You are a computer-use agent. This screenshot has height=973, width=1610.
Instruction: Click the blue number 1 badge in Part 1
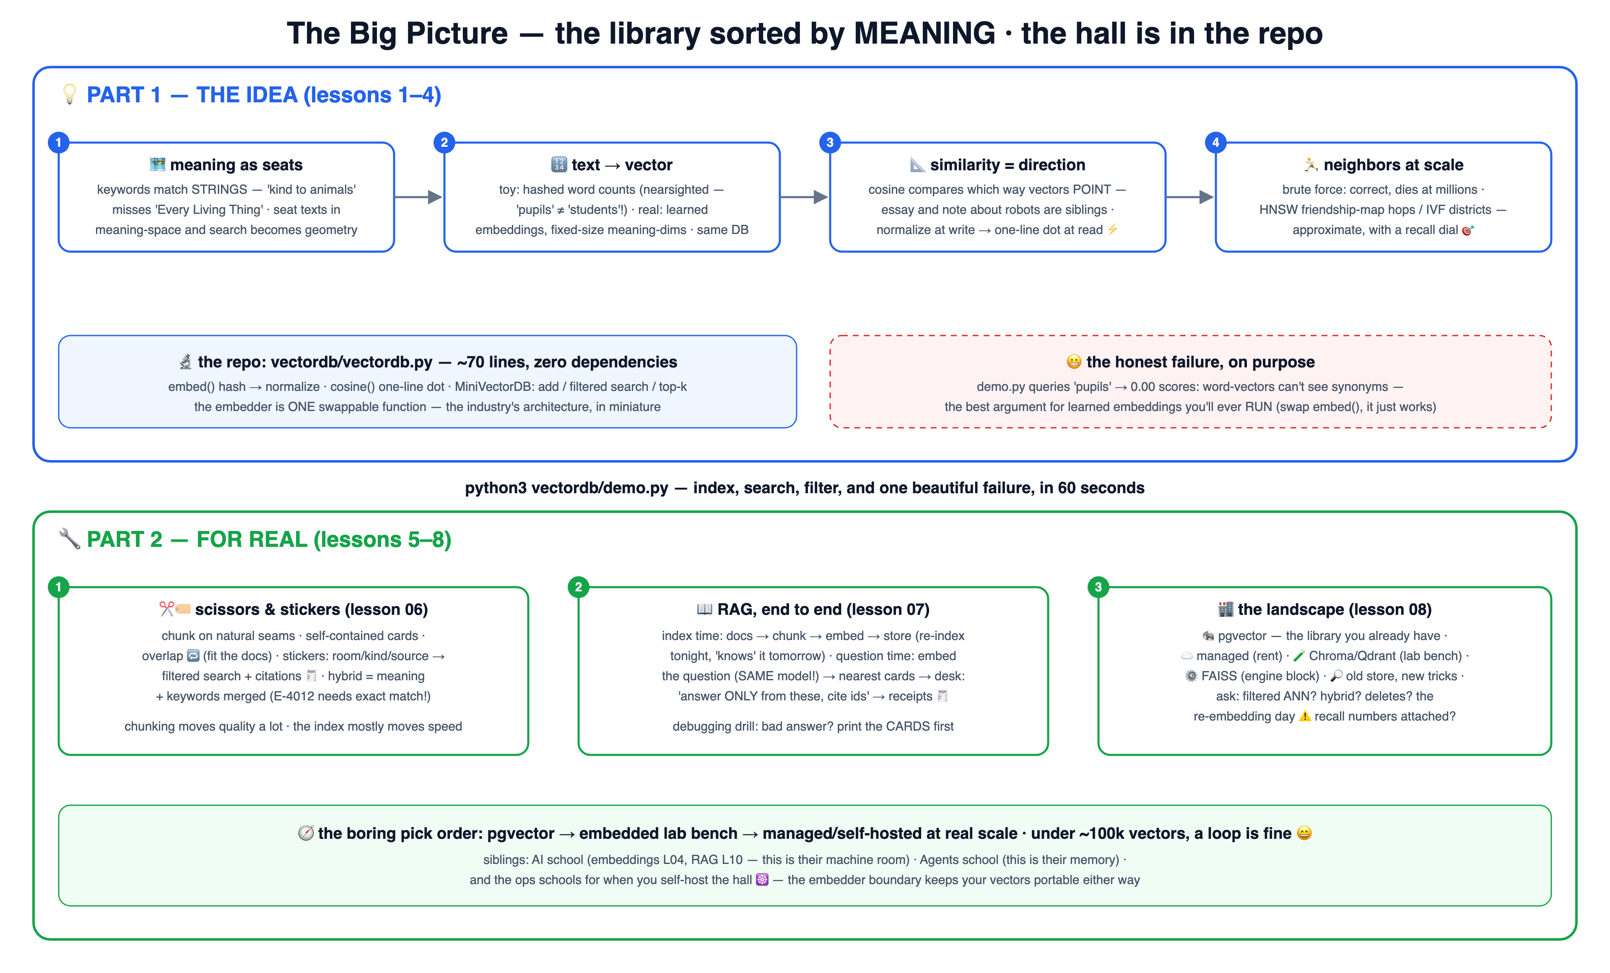(58, 143)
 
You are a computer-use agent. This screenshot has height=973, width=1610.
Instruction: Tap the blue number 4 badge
(1215, 143)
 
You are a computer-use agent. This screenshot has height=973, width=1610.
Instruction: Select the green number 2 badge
(578, 587)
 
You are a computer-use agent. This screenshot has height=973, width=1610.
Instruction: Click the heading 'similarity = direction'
(1008, 165)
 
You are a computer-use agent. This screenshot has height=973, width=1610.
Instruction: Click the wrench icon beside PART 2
(69, 539)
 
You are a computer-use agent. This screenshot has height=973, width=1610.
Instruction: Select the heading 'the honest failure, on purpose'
(1200, 362)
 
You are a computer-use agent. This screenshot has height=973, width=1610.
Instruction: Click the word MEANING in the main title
(924, 33)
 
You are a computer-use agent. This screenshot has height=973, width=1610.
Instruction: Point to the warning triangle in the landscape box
(1305, 716)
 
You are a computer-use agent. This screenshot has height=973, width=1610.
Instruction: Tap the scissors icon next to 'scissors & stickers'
(166, 609)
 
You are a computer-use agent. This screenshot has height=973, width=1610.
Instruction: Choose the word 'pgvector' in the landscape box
(1242, 636)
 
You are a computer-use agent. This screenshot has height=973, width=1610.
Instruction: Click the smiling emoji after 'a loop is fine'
(1304, 833)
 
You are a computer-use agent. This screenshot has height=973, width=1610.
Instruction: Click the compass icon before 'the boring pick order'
(306, 833)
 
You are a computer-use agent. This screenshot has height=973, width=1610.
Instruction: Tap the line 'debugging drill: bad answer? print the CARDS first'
(813, 727)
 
